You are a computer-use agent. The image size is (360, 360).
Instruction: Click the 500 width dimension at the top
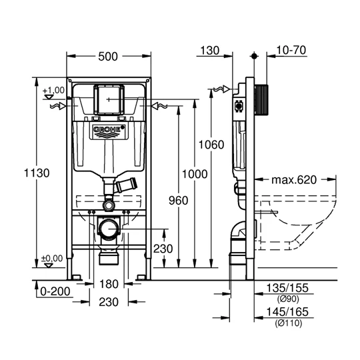point(109,57)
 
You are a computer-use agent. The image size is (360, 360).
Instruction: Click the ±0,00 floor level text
point(52,258)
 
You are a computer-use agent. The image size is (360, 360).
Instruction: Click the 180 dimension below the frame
point(109,285)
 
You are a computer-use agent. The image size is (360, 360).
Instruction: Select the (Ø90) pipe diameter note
point(285,299)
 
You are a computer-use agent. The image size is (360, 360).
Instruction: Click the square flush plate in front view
point(108,99)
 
